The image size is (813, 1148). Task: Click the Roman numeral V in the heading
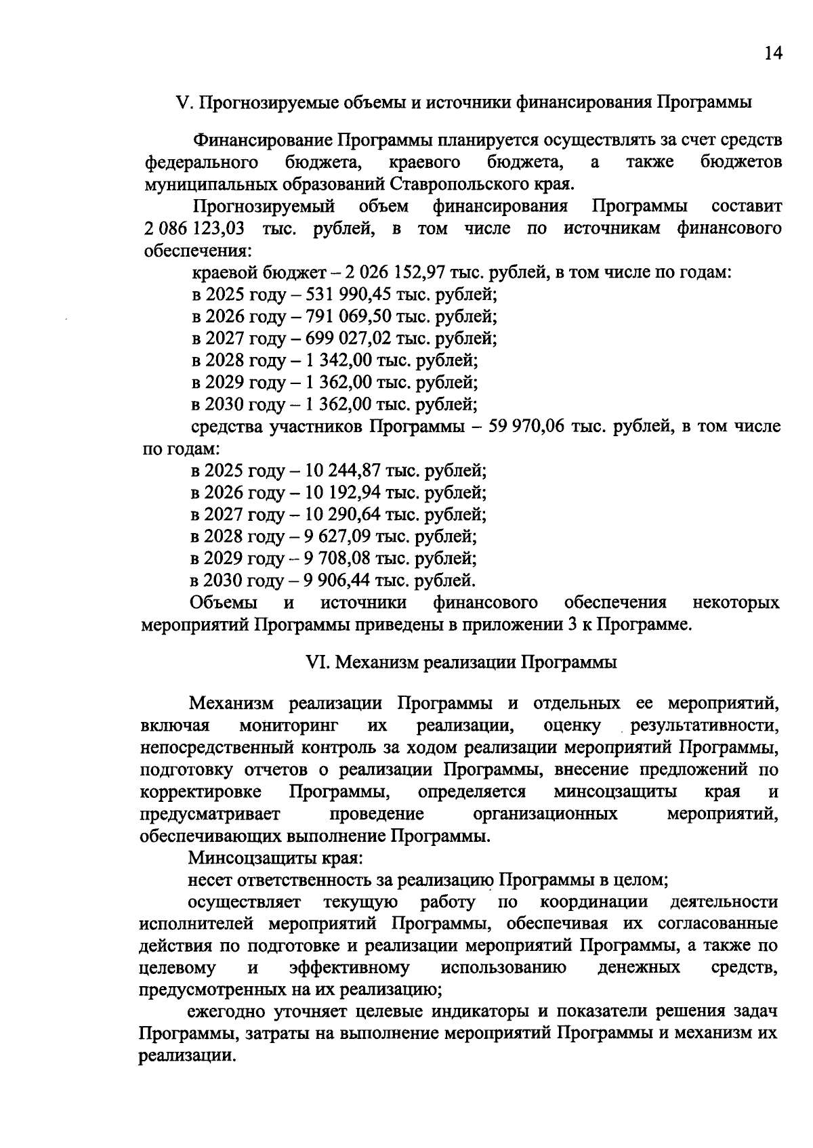coord(181,102)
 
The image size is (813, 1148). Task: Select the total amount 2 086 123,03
coord(195,228)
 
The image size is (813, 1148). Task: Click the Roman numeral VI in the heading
coord(316,662)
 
